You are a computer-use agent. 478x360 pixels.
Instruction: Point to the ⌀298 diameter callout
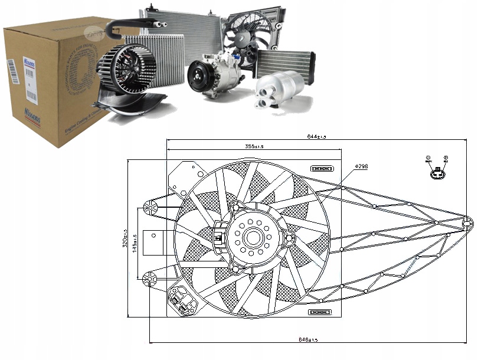361,167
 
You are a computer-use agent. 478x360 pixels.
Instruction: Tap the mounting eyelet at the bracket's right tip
467,222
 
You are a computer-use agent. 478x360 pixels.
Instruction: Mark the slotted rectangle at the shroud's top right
322,169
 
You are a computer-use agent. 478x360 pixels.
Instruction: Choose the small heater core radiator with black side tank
285,62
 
